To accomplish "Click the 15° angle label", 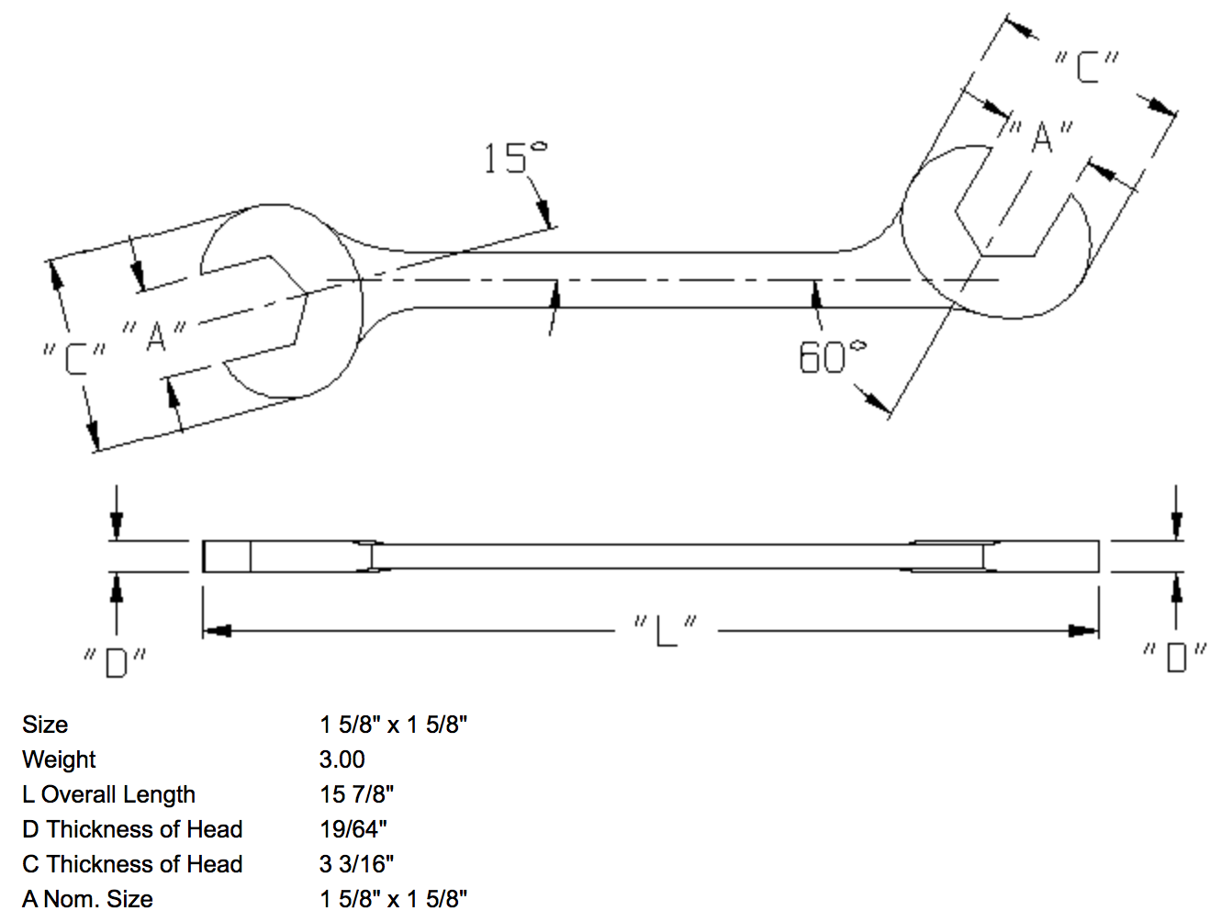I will click(514, 158).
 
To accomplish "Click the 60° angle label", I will click(831, 356).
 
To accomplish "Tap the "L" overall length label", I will click(666, 630).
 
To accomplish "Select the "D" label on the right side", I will click(1175, 657).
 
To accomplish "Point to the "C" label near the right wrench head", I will click(1087, 67).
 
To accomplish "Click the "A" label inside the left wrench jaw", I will click(155, 335).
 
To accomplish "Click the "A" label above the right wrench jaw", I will click(1041, 138).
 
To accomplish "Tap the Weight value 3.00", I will click(342, 759).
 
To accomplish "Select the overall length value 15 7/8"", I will click(357, 794).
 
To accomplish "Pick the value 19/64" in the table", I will click(353, 829).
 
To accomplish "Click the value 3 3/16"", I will click(357, 864).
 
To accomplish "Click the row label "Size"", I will click(45, 725).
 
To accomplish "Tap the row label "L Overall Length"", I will click(109, 794).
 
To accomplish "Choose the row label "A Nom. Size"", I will click(88, 898).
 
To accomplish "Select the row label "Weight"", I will click(59, 759).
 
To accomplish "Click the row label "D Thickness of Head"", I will click(132, 829).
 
